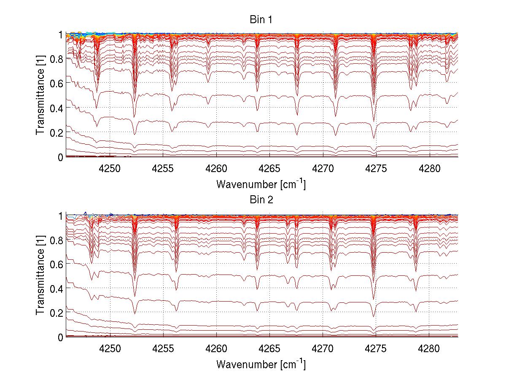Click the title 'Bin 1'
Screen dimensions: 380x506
tap(261, 20)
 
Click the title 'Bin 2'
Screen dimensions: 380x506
tap(261, 200)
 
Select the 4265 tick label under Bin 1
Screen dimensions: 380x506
tap(269, 168)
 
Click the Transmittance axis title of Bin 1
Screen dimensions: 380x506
tap(40, 96)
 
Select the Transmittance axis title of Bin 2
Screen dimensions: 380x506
tap(40, 276)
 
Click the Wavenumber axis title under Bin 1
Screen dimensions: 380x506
tap(261, 184)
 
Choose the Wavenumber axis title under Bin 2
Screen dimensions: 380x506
tap(261, 364)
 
